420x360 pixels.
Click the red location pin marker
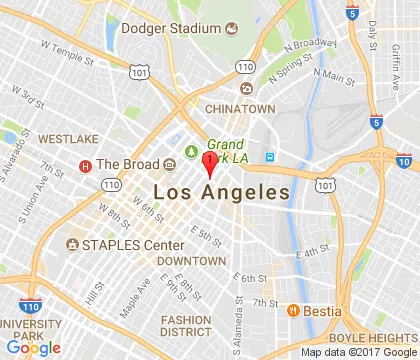[x=209, y=164]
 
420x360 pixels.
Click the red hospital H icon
[x=86, y=165]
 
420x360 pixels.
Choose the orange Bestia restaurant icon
[x=294, y=310]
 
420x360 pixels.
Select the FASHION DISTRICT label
[x=185, y=326]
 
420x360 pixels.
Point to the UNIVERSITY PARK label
[x=35, y=329]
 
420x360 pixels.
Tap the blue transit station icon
[x=269, y=157]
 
